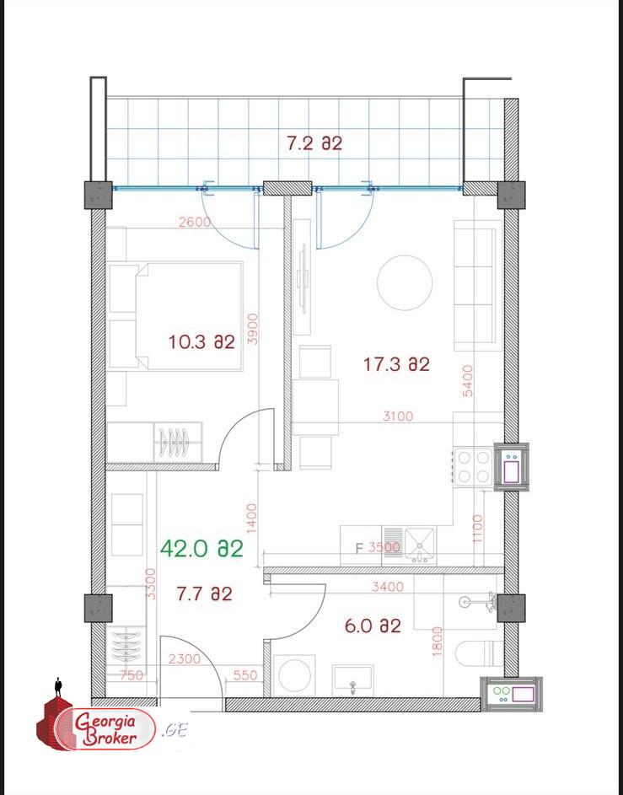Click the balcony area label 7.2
click(x=314, y=143)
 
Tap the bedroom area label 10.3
click(x=201, y=341)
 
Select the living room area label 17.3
click(x=396, y=364)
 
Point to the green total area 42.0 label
click(x=201, y=549)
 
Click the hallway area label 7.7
click(x=204, y=594)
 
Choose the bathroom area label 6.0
click(x=373, y=626)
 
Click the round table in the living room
click(x=405, y=282)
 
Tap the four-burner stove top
click(x=471, y=467)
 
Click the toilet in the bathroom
click(x=480, y=653)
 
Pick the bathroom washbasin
click(x=353, y=680)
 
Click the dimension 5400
click(x=467, y=381)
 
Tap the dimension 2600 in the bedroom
click(x=195, y=222)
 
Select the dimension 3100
click(x=397, y=416)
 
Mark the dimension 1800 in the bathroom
click(x=437, y=642)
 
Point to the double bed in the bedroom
click(x=189, y=316)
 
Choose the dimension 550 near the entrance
click(x=245, y=675)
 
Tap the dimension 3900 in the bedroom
click(x=253, y=329)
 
